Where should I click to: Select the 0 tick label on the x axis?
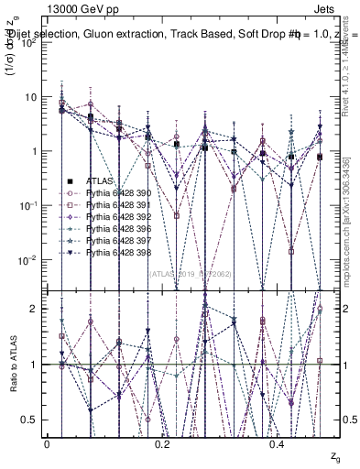pos(48,442)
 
